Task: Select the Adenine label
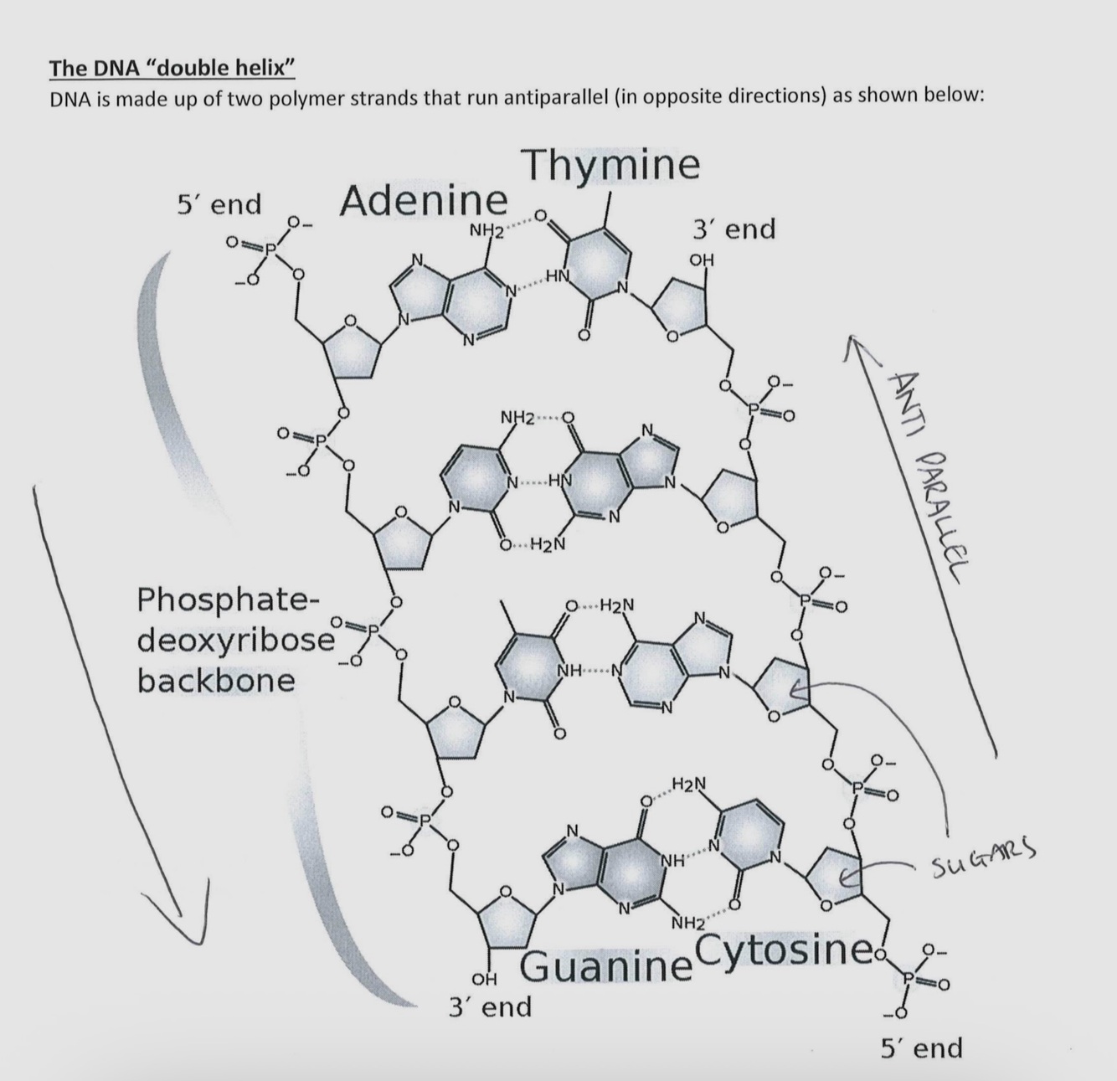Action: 424,201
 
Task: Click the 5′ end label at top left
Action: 219,204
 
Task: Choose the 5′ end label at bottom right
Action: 921,1048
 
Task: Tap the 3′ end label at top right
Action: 734,229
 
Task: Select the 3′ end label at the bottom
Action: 491,1006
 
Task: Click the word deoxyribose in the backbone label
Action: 235,641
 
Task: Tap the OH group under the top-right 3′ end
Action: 702,260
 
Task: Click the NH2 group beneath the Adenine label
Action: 486,230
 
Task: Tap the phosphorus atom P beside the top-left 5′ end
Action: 269,249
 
